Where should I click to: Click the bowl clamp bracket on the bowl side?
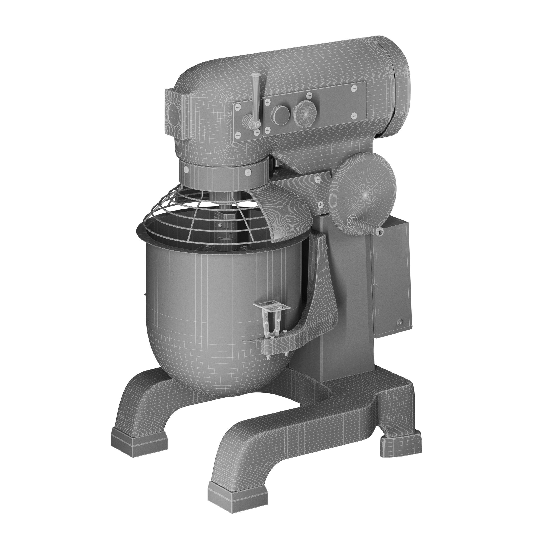[x=272, y=319]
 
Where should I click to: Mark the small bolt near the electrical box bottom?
[x=400, y=321]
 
